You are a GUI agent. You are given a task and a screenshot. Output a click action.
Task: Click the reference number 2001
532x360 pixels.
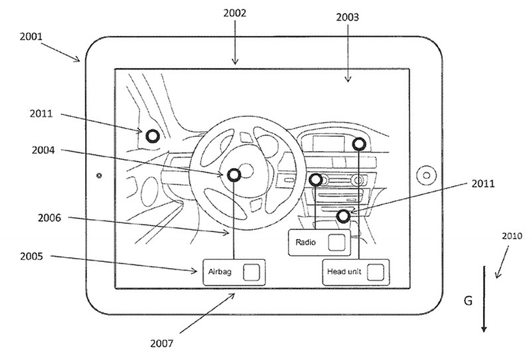[x=31, y=36]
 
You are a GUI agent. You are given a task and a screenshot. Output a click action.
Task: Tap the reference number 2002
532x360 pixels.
[x=235, y=13]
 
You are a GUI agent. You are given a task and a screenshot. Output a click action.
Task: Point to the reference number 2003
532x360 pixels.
[x=348, y=17]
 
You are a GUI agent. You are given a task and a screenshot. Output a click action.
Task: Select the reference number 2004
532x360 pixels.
[x=43, y=150]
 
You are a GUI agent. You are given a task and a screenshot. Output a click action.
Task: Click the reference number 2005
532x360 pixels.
[x=31, y=256]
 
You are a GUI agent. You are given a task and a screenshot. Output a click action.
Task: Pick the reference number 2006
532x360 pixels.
[x=49, y=218]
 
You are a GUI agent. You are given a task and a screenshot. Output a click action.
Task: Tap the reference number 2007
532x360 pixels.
[x=162, y=344]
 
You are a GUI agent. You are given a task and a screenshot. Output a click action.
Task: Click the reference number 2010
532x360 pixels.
[x=512, y=236]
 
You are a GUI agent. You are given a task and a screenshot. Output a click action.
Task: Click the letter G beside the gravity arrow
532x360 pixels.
[x=468, y=301]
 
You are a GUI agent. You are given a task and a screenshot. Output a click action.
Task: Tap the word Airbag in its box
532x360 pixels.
[x=220, y=272]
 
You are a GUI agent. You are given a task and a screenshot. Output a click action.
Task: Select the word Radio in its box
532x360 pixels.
[x=305, y=242]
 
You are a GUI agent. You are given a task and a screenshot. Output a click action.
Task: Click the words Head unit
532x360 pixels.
[x=344, y=272]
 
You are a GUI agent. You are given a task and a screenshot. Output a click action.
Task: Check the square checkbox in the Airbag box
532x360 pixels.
[x=252, y=272]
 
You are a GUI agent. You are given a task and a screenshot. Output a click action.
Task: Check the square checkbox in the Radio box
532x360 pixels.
[x=337, y=242]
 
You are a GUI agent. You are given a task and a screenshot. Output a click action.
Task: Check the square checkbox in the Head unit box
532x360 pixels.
[x=376, y=272]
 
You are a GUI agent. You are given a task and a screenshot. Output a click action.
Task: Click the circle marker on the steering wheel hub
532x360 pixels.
[x=234, y=176]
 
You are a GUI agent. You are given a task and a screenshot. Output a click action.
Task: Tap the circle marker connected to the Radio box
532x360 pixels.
[x=316, y=180]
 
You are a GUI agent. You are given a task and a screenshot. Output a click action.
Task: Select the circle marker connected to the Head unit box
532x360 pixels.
[x=359, y=144]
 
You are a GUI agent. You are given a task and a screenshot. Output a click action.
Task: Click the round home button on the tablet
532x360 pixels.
[x=427, y=176]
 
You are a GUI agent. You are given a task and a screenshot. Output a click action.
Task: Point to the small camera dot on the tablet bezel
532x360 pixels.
[x=99, y=176]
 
